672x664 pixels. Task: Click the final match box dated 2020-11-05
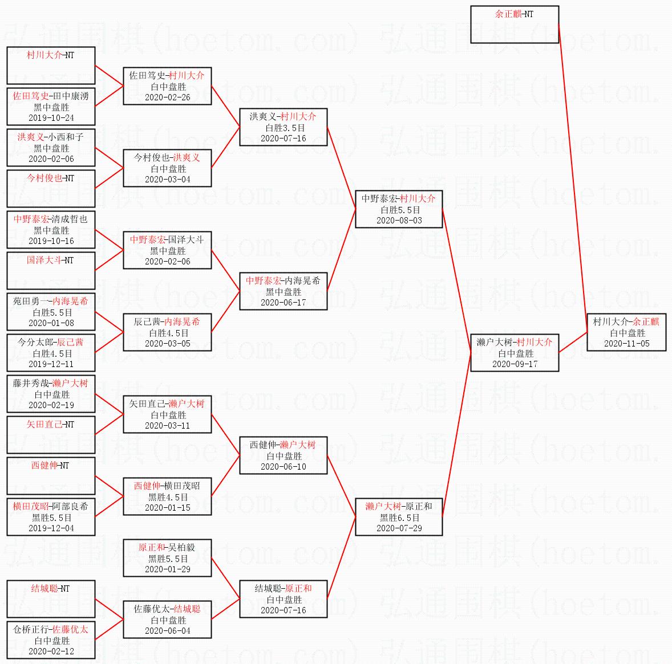pyautogui.click(x=626, y=332)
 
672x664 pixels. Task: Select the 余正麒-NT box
pyautogui.click(x=514, y=25)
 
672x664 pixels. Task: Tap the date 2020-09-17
pyautogui.click(x=515, y=364)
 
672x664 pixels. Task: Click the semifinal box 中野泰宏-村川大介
pyautogui.click(x=398, y=209)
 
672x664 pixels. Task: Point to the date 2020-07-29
pyautogui.click(x=399, y=528)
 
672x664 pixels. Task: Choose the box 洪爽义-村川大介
pyautogui.click(x=283, y=127)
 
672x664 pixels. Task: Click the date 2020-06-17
pyautogui.click(x=283, y=302)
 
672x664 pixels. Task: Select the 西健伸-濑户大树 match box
pyautogui.click(x=283, y=455)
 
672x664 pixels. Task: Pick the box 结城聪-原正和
pyautogui.click(x=283, y=599)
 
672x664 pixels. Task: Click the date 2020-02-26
pyautogui.click(x=167, y=97)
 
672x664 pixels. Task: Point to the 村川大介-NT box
pyautogui.click(x=51, y=66)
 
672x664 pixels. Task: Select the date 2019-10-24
pyautogui.click(x=51, y=117)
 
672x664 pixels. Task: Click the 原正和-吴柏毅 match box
pyautogui.click(x=167, y=558)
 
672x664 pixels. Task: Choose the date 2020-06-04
pyautogui.click(x=167, y=630)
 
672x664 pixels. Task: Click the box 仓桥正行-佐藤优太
pyautogui.click(x=51, y=640)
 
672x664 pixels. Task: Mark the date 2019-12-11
pyautogui.click(x=51, y=364)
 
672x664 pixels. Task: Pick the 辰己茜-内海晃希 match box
pyautogui.click(x=167, y=332)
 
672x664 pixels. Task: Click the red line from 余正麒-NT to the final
pyautogui.click(x=573, y=171)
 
